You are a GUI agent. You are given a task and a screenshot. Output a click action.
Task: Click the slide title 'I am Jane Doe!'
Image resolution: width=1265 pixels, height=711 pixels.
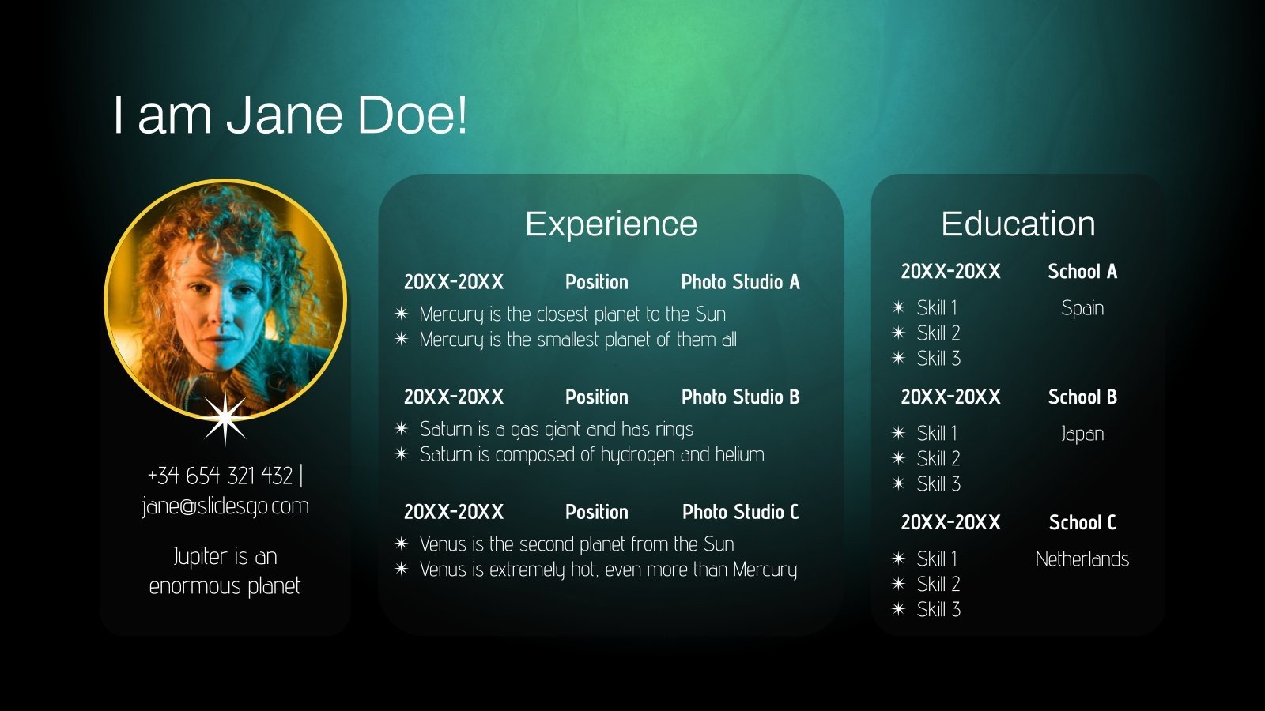(x=290, y=115)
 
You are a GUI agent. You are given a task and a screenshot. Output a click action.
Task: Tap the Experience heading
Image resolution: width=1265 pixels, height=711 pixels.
(x=611, y=224)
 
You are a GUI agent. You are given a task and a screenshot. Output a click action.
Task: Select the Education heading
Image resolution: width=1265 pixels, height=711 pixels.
(x=1018, y=224)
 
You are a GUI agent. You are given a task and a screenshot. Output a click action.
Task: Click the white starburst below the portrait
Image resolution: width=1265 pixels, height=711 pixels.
(x=225, y=417)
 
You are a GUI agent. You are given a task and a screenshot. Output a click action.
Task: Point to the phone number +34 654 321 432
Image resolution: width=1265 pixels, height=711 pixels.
(x=220, y=476)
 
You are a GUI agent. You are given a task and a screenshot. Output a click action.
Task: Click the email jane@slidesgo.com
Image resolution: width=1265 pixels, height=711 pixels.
(x=225, y=506)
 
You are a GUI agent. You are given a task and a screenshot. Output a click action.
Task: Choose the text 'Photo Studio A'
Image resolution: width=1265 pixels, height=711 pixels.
(x=740, y=282)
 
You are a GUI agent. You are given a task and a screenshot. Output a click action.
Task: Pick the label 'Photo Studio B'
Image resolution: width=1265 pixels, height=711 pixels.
(x=740, y=397)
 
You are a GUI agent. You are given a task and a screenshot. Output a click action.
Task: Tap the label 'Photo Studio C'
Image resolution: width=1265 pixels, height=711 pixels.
(x=740, y=512)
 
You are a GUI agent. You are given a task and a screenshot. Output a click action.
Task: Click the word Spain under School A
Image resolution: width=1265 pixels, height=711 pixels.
(x=1082, y=308)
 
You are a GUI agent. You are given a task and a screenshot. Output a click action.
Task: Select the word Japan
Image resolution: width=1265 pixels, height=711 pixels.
(x=1082, y=434)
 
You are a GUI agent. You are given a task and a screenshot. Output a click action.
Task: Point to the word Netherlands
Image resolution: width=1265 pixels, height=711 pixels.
(x=1082, y=559)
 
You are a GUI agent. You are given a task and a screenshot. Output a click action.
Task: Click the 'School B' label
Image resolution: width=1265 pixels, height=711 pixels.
(x=1082, y=397)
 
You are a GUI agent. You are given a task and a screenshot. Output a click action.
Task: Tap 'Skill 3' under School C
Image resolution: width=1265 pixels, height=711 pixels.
(x=938, y=609)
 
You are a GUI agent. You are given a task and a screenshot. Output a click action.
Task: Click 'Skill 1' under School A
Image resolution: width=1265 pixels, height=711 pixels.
(x=937, y=307)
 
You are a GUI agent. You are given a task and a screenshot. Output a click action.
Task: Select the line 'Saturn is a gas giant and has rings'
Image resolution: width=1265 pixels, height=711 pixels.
(x=556, y=429)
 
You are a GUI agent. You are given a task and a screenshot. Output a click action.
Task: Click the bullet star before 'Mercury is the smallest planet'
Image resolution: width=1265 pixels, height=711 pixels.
(x=402, y=339)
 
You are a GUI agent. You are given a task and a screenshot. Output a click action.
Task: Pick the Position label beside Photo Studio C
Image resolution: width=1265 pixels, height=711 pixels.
(x=597, y=512)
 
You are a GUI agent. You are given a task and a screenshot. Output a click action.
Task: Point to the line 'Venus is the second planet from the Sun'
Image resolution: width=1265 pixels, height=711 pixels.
(x=576, y=544)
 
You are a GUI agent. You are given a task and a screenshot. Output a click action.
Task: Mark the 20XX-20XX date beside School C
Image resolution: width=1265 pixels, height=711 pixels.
(x=951, y=522)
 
